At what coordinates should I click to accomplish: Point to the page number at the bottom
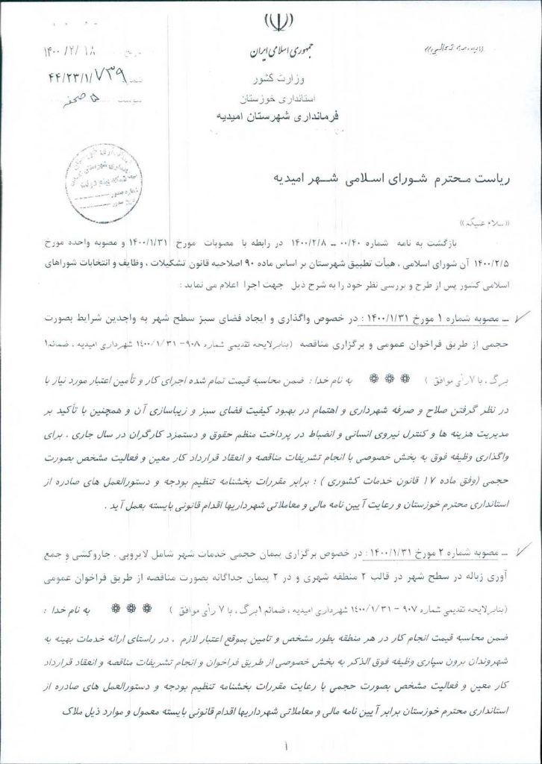coord(286,745)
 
